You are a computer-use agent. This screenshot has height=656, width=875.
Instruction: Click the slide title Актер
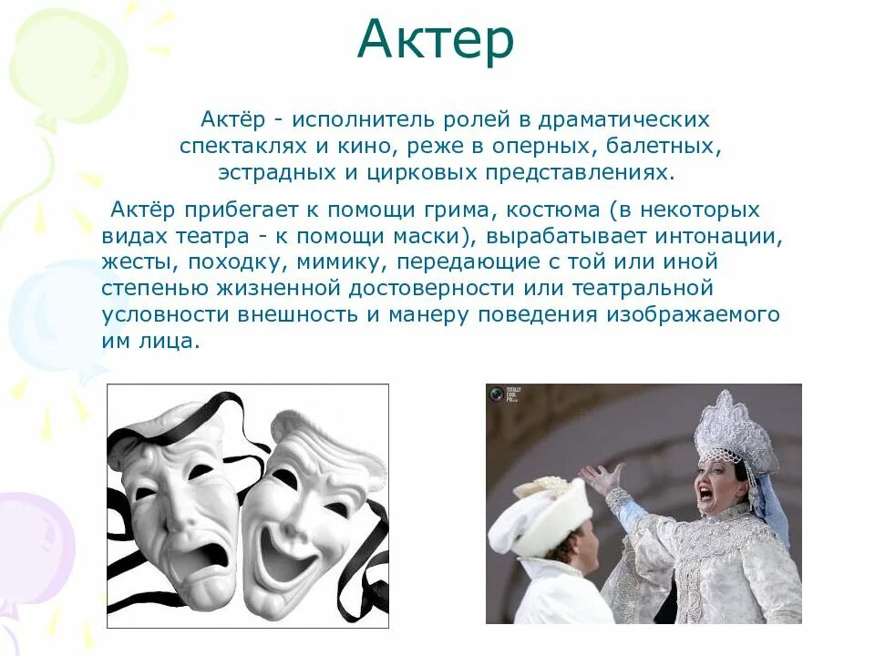(435, 40)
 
